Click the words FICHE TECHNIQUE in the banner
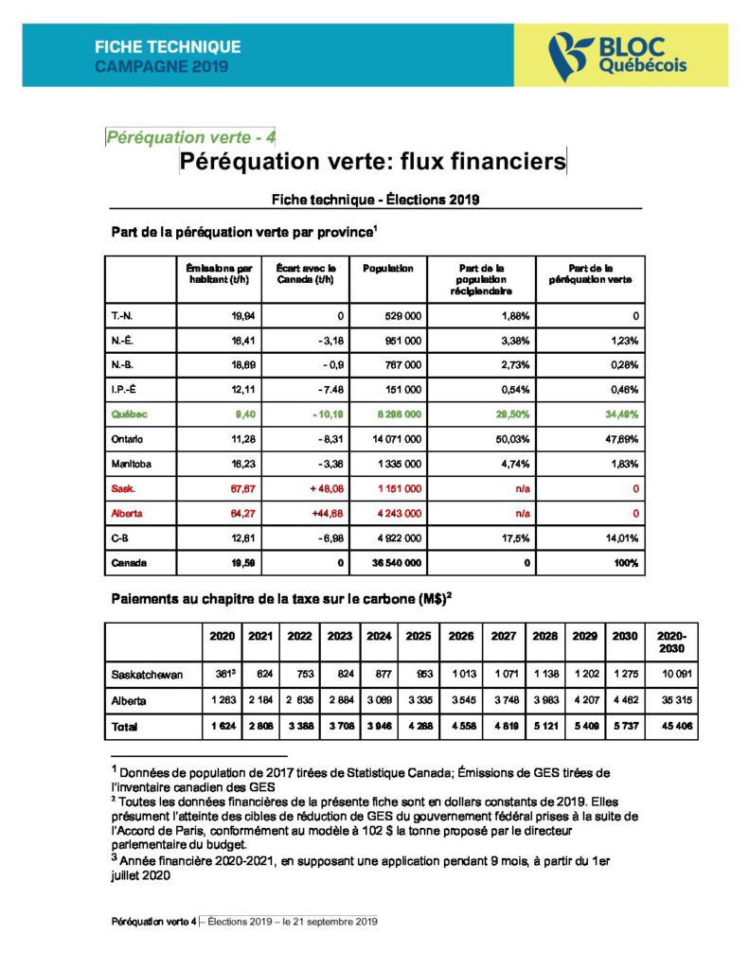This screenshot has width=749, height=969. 168,46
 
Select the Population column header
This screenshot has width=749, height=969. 388,269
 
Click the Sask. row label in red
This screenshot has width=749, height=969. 124,488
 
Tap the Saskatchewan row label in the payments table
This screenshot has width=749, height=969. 148,676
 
